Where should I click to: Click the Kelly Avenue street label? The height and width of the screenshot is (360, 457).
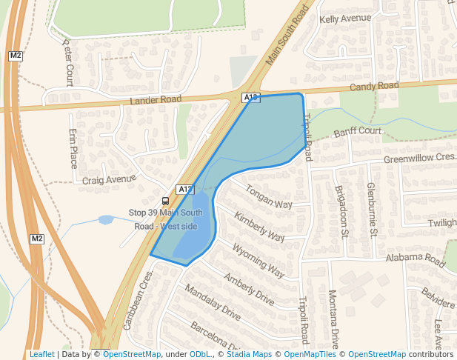tap(344, 18)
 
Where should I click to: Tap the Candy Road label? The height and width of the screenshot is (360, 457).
tap(374, 87)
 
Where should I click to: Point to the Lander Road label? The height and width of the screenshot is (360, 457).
tap(156, 100)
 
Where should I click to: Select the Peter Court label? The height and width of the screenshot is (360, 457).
tap(68, 62)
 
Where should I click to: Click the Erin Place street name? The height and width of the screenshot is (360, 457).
tap(73, 147)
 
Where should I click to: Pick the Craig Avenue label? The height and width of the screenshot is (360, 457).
tap(110, 179)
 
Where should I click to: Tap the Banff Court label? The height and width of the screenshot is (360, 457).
tap(357, 132)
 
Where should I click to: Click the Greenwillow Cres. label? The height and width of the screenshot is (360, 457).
tap(418, 159)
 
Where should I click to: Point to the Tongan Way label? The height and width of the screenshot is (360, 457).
tap(269, 196)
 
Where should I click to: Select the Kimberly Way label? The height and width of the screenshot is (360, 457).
tap(259, 227)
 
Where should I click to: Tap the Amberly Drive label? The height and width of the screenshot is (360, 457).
tap(249, 289)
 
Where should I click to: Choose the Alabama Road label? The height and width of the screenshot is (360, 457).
tap(415, 259)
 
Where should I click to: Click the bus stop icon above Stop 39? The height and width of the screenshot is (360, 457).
tap(164, 200)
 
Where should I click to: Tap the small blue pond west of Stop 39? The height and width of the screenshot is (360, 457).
tap(106, 220)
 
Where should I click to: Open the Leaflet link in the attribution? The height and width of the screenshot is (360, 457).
tap(41, 354)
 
